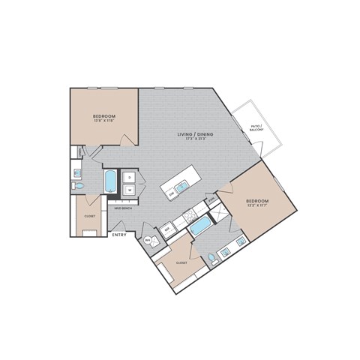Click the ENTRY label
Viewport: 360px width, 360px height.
point(119,235)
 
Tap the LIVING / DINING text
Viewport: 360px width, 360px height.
point(196,133)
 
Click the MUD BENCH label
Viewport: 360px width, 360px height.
point(124,208)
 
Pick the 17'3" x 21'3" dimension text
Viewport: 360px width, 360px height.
point(196,139)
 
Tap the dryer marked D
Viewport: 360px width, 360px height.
point(129,178)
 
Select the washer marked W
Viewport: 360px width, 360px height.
point(129,190)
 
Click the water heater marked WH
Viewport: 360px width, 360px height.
point(148,240)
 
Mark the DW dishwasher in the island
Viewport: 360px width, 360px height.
point(171,194)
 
